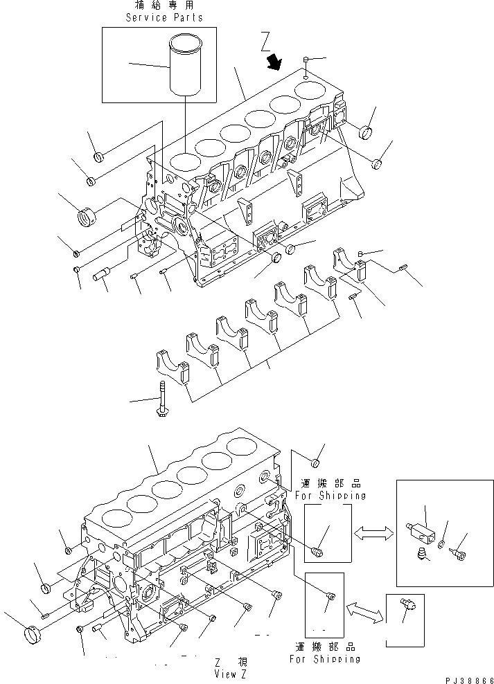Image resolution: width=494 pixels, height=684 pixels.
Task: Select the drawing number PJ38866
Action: [x=463, y=678]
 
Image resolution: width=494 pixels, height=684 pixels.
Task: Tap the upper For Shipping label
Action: [x=330, y=496]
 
